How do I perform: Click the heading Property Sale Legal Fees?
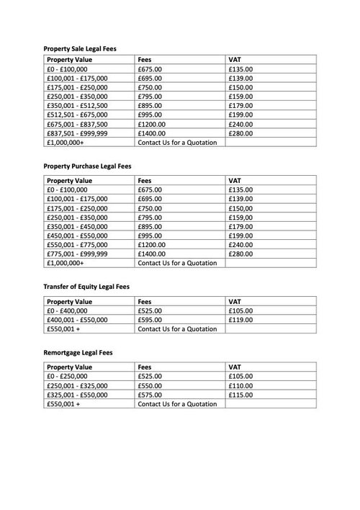click(80, 48)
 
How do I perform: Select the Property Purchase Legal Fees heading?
click(86, 166)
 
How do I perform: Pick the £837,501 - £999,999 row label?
click(77, 134)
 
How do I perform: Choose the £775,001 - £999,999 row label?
click(77, 254)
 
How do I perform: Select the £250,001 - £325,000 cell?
click(77, 385)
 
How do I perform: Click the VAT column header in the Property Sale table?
click(235, 60)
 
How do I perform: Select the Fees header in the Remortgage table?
click(145, 366)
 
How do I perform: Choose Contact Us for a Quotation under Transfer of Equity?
click(177, 328)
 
